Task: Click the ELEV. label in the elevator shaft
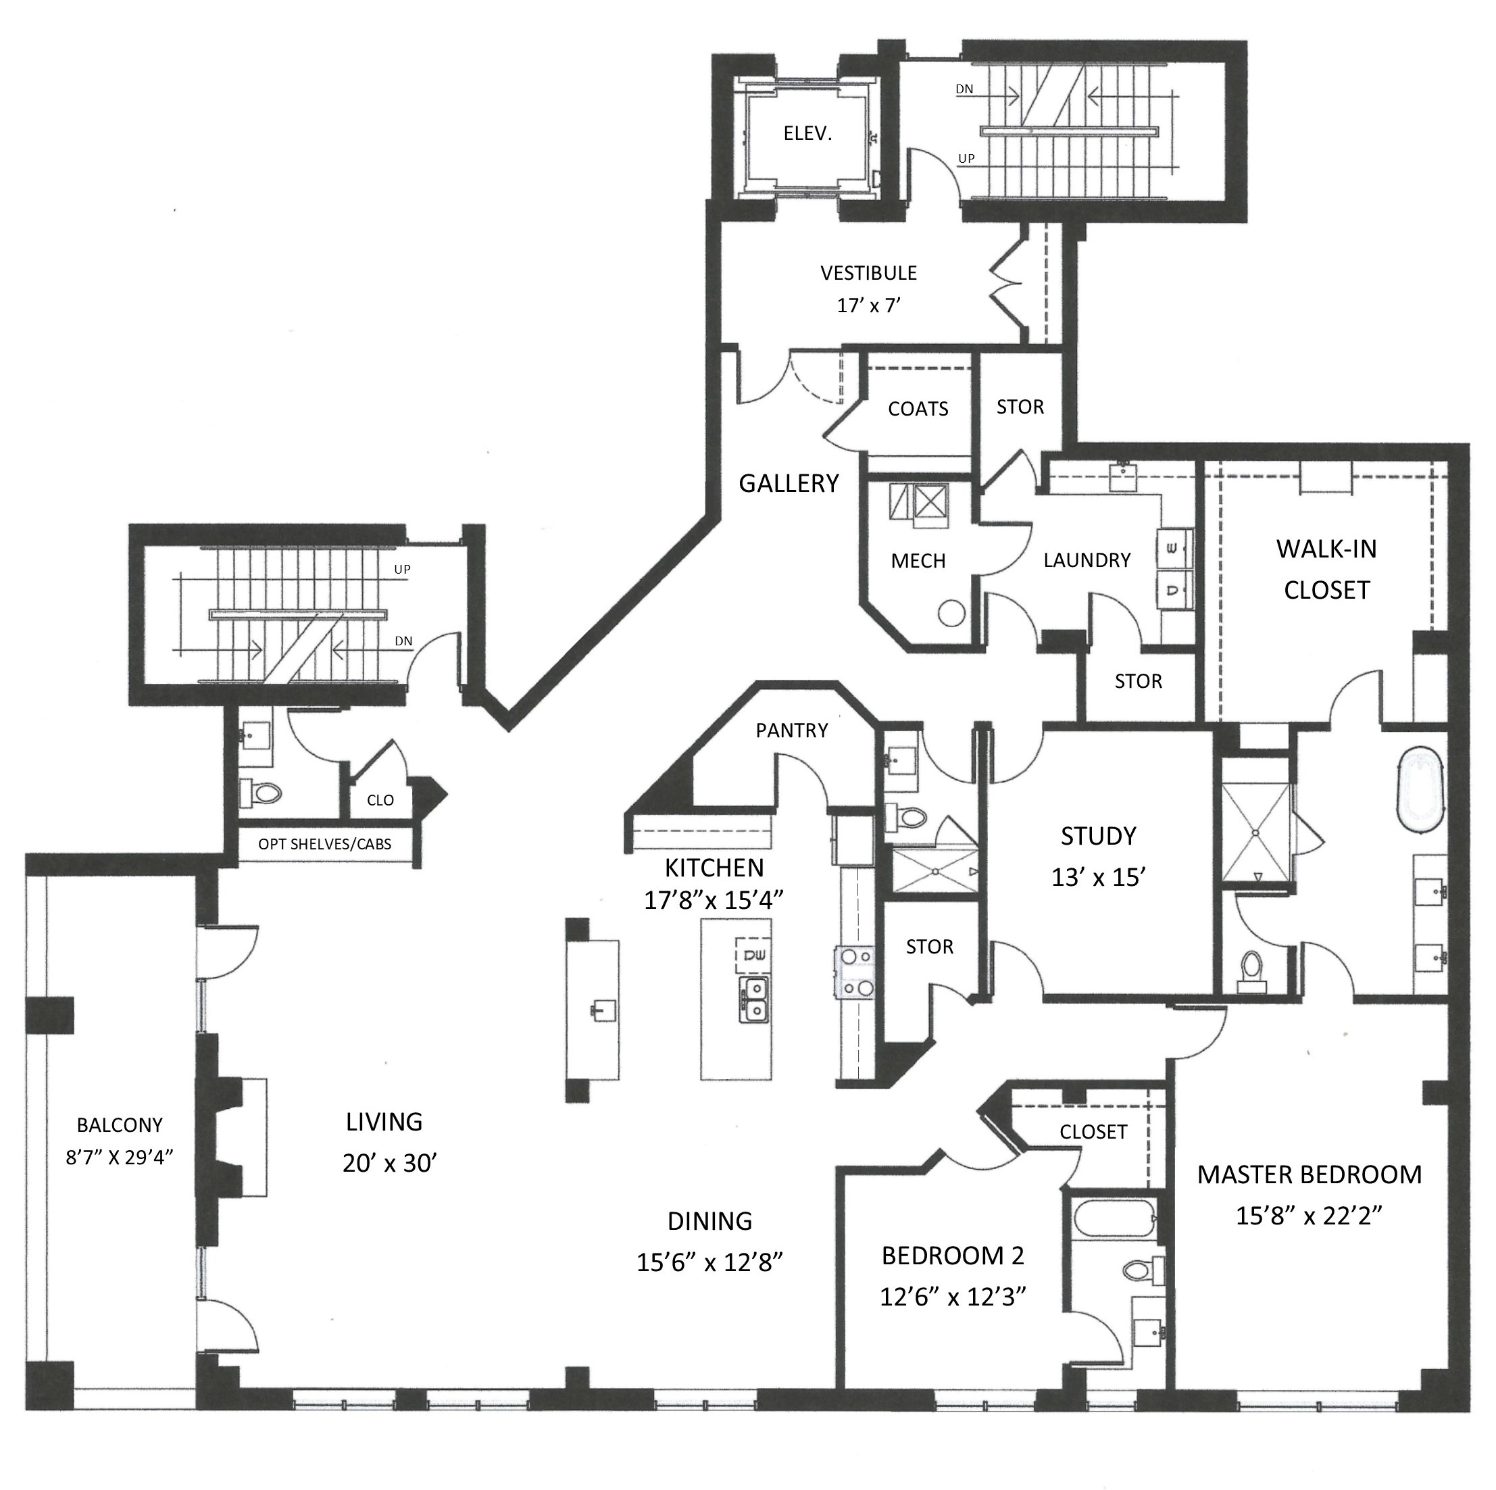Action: click(807, 133)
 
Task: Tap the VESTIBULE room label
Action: click(868, 272)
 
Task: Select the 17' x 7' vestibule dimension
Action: click(868, 305)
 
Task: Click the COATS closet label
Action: click(918, 409)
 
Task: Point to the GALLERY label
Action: click(789, 483)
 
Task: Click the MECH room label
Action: click(918, 561)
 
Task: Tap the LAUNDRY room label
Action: click(1087, 560)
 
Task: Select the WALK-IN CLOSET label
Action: click(1326, 569)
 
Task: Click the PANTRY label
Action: click(791, 730)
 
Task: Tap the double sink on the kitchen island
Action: click(753, 999)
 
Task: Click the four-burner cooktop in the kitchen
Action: click(855, 972)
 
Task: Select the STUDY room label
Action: click(1098, 836)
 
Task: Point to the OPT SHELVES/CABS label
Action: click(324, 844)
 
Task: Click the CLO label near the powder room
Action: click(380, 800)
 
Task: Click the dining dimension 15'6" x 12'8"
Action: click(709, 1262)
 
